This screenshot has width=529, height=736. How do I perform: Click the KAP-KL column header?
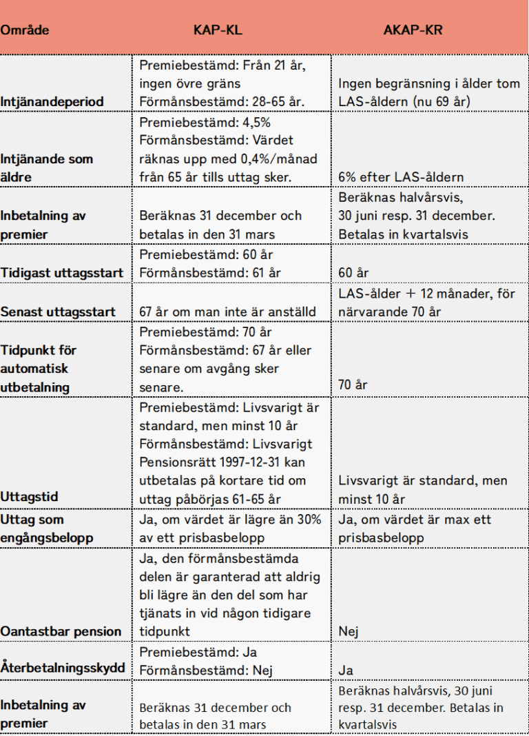[x=218, y=31]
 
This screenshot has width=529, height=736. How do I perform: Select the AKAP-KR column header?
[x=413, y=31]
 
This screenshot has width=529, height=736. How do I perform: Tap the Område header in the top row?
[x=25, y=31]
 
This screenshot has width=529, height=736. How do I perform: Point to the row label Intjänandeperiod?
[x=52, y=102]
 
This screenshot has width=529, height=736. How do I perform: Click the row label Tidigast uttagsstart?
[x=62, y=273]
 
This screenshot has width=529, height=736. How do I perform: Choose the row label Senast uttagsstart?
[x=58, y=312]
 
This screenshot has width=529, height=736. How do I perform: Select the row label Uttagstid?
[x=30, y=497]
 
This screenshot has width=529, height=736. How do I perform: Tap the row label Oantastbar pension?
[x=61, y=631]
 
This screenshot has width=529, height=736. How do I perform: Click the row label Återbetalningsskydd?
[x=63, y=668]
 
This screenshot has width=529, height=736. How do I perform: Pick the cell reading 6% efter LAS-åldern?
[x=400, y=177]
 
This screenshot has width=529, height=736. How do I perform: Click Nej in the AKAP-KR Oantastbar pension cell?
[x=349, y=631]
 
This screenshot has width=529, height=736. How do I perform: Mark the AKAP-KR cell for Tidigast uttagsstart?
[x=353, y=273]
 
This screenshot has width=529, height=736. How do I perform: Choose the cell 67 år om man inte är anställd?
[x=227, y=312]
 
